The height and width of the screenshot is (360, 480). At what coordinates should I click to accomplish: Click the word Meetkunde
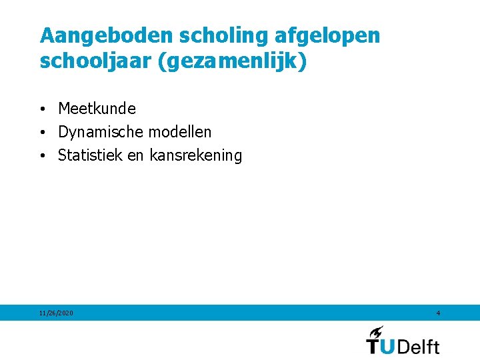[x=97, y=108]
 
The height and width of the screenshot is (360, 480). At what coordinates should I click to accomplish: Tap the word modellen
[x=181, y=132]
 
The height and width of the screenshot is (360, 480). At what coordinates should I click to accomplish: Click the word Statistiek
[x=90, y=156]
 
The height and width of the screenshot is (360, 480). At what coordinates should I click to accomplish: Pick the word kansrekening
[x=196, y=156]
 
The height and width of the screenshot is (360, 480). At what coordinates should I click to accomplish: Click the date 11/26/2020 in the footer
[x=57, y=313]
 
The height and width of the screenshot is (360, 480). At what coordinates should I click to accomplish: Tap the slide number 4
[x=438, y=313]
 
